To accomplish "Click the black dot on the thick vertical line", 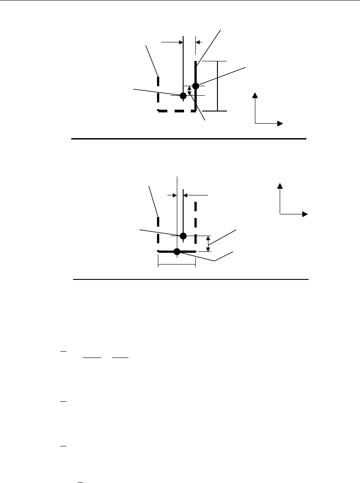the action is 195,86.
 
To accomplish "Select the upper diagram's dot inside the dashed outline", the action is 183,96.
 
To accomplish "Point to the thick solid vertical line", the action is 195,72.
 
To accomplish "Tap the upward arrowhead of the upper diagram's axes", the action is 255,95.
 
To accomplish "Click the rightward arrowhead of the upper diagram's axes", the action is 280,123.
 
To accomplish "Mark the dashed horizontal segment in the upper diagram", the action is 176,110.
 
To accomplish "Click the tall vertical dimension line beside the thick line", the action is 217,86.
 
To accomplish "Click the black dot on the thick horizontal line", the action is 177,251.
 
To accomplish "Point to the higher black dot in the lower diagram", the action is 183,236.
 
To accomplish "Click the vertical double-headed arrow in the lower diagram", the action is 208,244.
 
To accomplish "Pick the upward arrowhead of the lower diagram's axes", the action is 280,186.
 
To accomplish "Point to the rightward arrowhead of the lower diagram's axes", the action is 305,214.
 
